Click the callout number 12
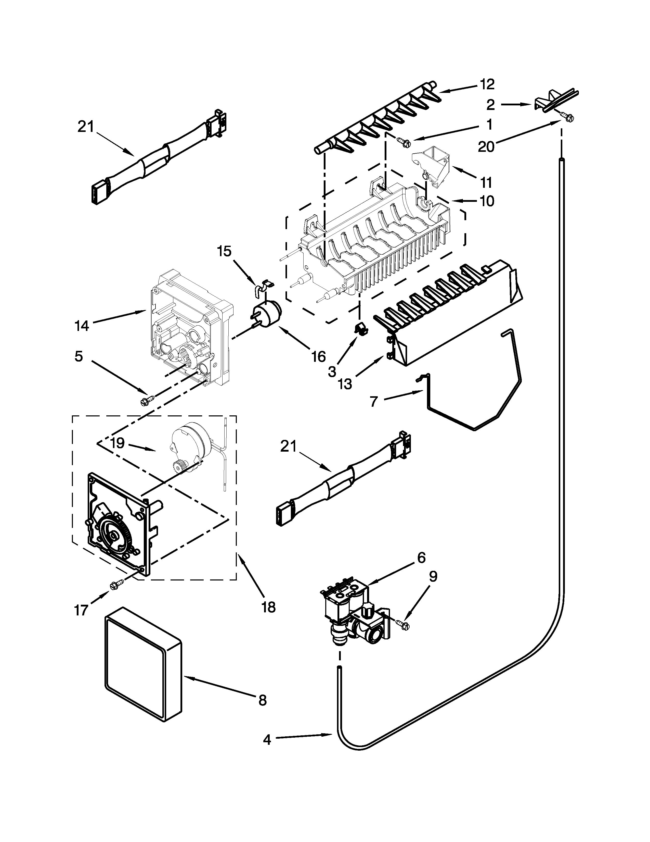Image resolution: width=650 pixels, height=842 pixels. tap(487, 84)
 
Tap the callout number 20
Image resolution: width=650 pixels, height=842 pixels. tap(486, 146)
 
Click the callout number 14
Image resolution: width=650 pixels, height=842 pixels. tap(82, 326)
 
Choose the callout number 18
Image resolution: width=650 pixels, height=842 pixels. tap(268, 608)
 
